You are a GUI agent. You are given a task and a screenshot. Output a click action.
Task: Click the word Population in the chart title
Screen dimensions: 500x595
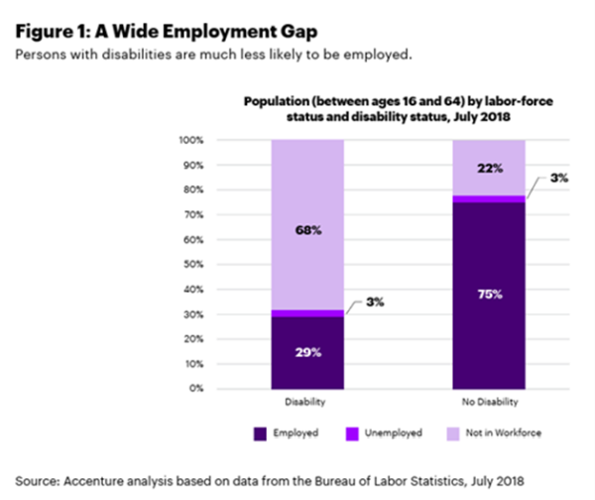click(x=274, y=101)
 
